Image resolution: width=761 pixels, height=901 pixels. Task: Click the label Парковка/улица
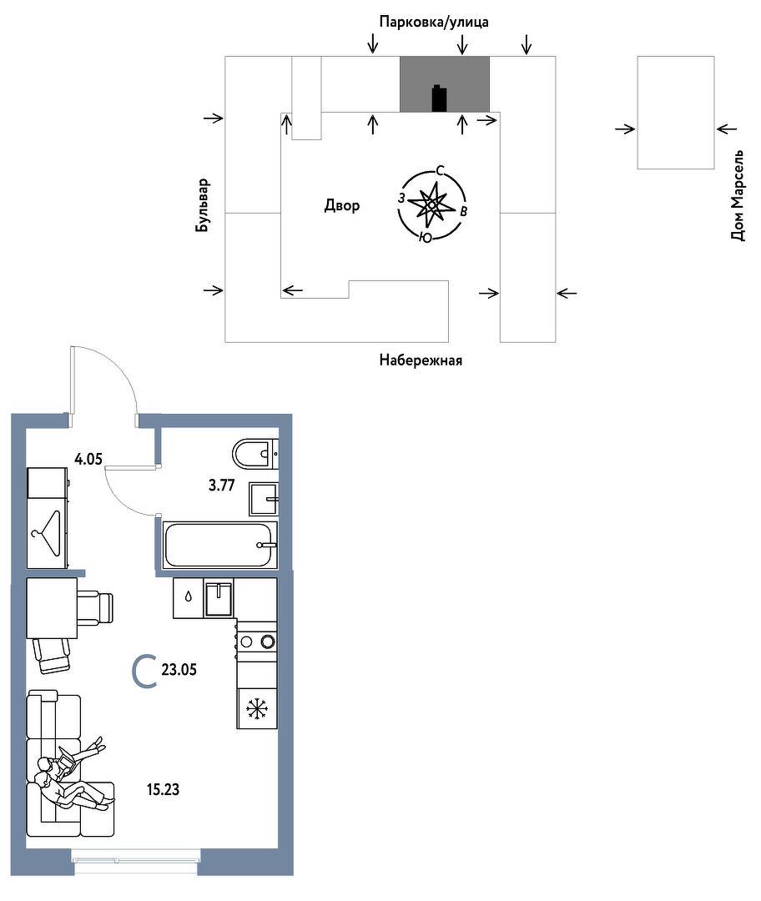click(434, 23)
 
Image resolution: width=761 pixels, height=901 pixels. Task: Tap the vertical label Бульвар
click(202, 205)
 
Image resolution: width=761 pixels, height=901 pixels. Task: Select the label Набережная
click(421, 360)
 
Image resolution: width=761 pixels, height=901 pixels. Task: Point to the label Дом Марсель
click(738, 195)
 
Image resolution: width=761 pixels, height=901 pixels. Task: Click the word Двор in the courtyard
click(342, 205)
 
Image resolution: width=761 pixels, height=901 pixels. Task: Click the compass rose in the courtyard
click(432, 204)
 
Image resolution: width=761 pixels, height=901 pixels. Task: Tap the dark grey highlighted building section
click(445, 84)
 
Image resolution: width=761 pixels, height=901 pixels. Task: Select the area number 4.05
click(88, 459)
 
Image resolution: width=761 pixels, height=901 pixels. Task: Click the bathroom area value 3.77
click(221, 486)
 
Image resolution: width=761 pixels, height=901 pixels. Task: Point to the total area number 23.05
click(179, 669)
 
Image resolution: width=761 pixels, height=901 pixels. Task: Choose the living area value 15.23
click(163, 789)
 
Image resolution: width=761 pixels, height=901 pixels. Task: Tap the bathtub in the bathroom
click(219, 545)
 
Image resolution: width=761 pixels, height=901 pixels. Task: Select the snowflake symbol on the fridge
click(257, 708)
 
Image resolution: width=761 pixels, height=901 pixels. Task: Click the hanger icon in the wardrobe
click(48, 533)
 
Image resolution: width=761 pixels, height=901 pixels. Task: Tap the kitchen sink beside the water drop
click(219, 599)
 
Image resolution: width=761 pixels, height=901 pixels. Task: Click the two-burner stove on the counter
click(257, 641)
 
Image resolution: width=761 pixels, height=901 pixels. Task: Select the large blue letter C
click(144, 671)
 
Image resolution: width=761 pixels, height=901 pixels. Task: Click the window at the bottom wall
click(136, 856)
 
